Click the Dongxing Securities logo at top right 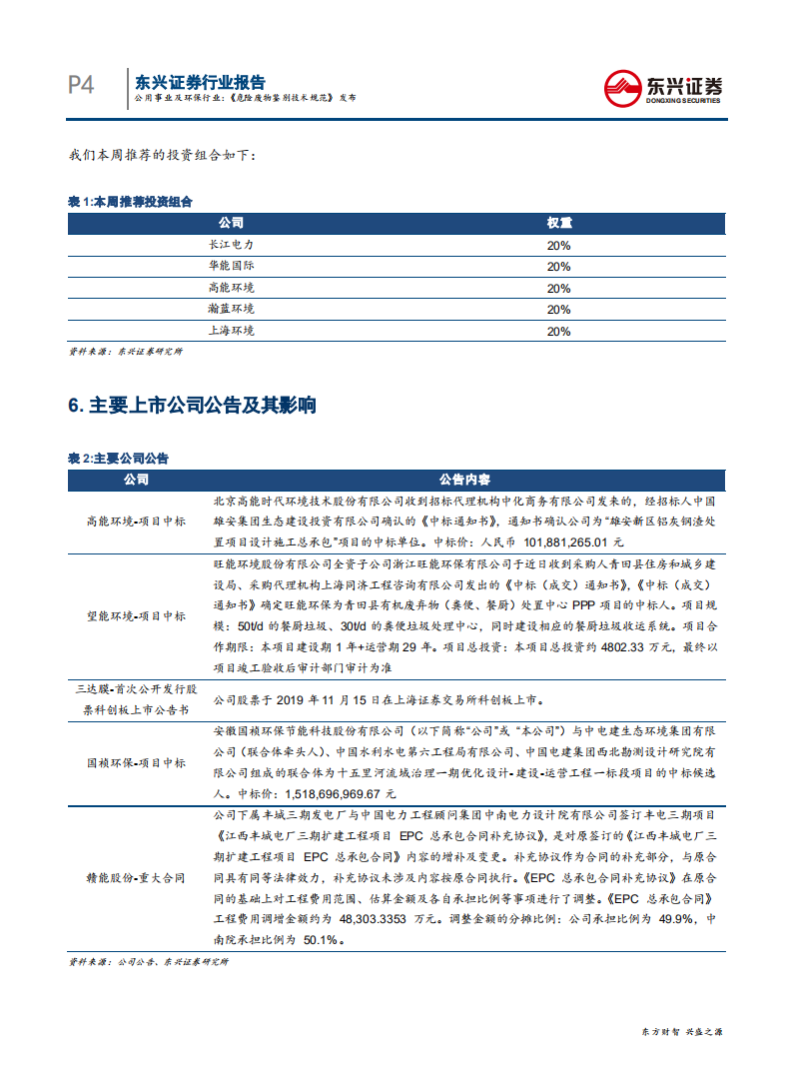[664, 88]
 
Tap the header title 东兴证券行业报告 [200, 82]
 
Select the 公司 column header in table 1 [231, 223]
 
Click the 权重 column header [558, 223]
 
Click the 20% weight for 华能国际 [558, 267]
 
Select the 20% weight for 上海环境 [558, 332]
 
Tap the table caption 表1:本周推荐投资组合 [130, 202]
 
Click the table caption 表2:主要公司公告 [118, 459]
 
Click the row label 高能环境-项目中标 [136, 522]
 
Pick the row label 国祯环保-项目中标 [136, 763]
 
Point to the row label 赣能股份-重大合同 [136, 878]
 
